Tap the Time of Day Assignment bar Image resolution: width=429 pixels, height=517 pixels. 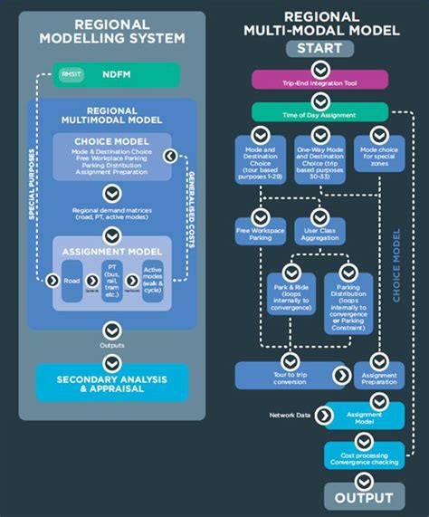pyautogui.click(x=319, y=112)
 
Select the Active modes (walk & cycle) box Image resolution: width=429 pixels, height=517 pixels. pyautogui.click(x=153, y=278)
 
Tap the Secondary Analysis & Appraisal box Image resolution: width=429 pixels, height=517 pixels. pyautogui.click(x=112, y=382)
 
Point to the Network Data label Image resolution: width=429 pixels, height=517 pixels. pyautogui.click(x=291, y=416)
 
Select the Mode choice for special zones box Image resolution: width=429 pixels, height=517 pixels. pyautogui.click(x=380, y=156)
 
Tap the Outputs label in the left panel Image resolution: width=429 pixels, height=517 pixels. pyautogui.click(x=112, y=345)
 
